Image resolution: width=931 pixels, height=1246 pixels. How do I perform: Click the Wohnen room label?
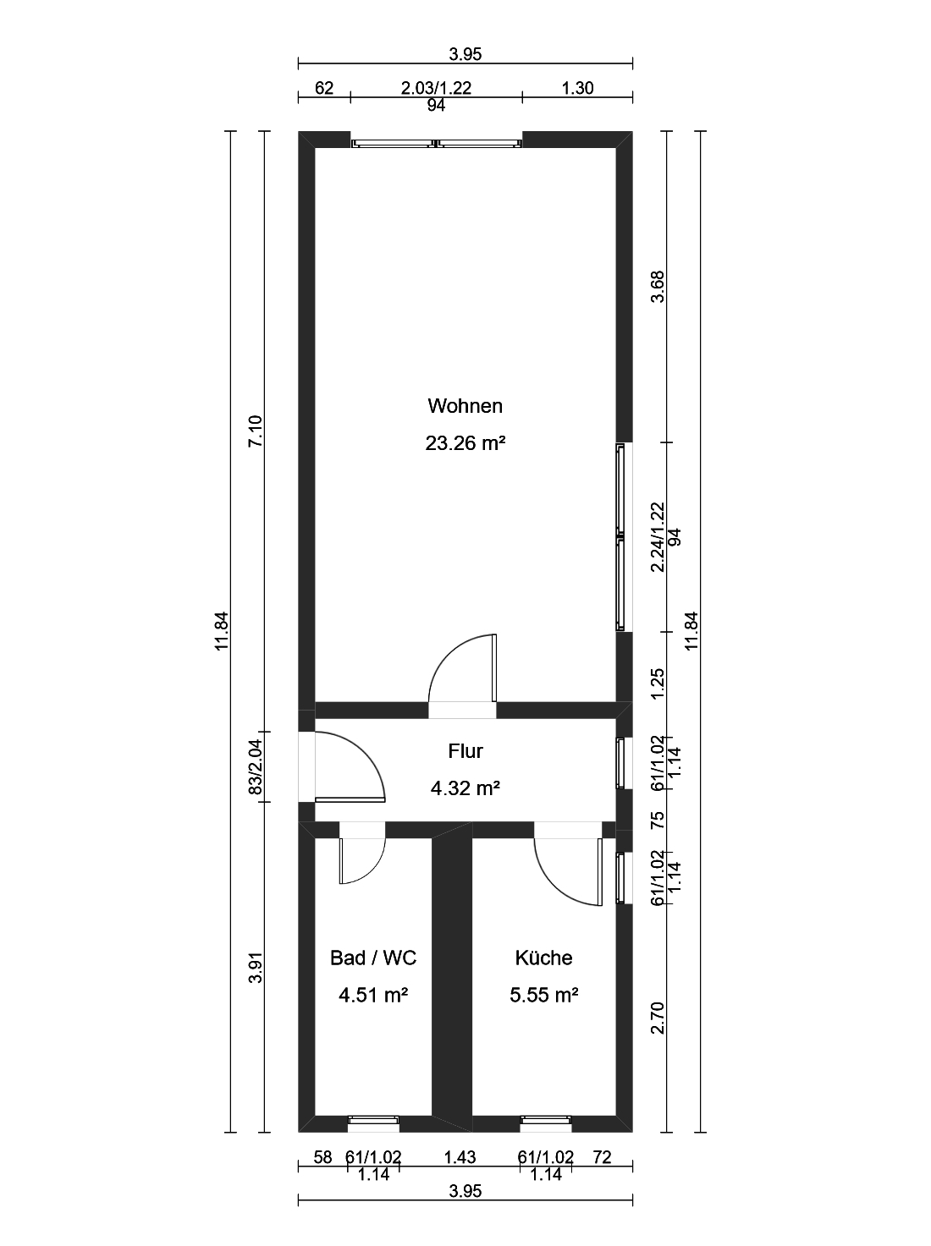point(465,406)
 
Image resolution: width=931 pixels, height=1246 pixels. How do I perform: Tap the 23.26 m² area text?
point(465,442)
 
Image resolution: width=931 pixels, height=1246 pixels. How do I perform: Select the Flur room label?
point(465,751)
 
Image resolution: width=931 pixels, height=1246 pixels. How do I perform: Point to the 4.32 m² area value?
point(465,788)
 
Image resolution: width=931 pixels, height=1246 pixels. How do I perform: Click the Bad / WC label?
point(373,958)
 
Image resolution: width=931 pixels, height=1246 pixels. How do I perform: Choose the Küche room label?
point(543,958)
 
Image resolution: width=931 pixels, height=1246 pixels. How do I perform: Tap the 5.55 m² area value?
point(543,995)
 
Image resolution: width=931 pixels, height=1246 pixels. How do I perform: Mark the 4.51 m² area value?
point(373,995)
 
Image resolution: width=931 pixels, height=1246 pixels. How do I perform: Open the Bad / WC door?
point(362,861)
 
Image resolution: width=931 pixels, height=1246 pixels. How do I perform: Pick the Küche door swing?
point(568,872)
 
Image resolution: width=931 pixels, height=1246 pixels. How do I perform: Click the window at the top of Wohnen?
point(436,144)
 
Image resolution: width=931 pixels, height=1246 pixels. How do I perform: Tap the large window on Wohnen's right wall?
point(621,537)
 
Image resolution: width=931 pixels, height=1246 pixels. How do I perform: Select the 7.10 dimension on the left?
point(256,431)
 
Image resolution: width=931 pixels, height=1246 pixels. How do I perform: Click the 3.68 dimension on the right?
point(658,287)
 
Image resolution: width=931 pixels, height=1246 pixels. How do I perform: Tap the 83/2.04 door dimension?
point(256,767)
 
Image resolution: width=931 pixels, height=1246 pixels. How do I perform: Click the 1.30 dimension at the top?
point(577,88)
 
